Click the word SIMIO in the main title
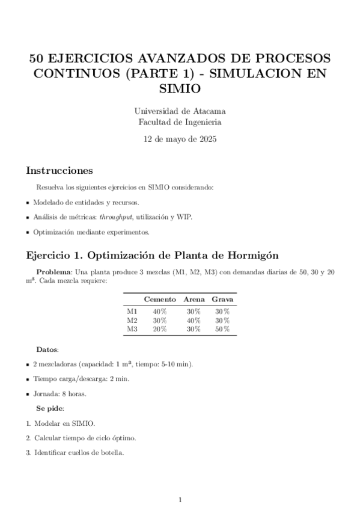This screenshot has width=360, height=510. tap(180, 88)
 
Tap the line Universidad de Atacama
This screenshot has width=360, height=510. tap(180, 111)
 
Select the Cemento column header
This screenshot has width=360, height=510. tap(159, 299)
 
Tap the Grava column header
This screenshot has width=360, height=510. tap(222, 299)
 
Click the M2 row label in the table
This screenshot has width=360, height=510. tap(132, 321)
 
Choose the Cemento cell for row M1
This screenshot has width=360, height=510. tap(159, 312)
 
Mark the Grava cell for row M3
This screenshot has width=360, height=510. tap(222, 329)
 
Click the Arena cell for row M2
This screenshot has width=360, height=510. tap(193, 321)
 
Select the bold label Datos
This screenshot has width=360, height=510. tap(47, 349)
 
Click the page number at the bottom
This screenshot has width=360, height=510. tap(180, 500)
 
